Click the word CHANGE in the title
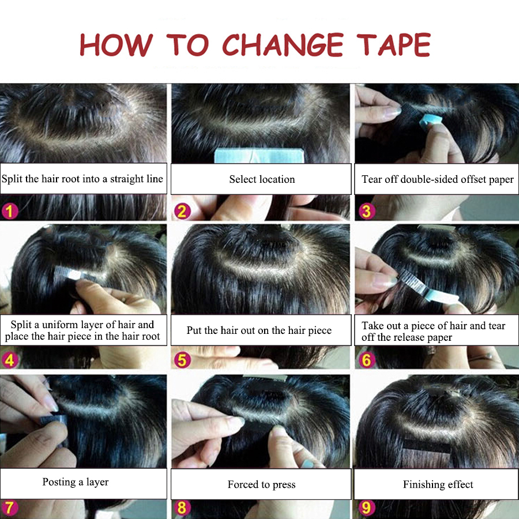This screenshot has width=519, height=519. [283, 44]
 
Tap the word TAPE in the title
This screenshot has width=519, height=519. [393, 44]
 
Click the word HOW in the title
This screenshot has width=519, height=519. [116, 44]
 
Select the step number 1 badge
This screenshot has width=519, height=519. [10, 211]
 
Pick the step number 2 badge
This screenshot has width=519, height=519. [182, 211]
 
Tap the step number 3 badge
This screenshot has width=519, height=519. [367, 211]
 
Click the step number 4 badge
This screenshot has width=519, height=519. [10, 360]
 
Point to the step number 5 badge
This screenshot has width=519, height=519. [182, 360]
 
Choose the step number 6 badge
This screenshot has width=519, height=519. [367, 360]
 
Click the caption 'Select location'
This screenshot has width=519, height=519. [262, 179]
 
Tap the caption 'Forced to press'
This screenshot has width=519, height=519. [261, 484]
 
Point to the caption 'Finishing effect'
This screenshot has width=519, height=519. [438, 484]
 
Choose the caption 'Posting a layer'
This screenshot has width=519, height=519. [76, 482]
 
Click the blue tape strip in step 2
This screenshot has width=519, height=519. [259, 156]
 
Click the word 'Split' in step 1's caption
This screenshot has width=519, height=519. [12, 179]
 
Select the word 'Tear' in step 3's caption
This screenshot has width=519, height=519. [372, 179]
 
